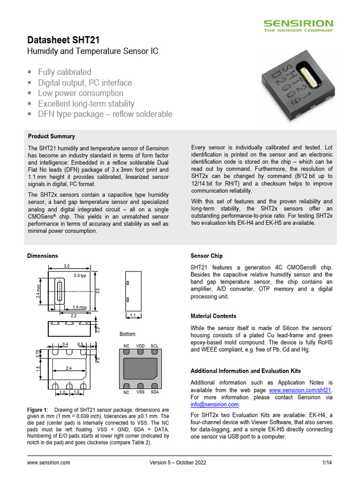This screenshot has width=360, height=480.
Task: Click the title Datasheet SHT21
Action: coord(63,40)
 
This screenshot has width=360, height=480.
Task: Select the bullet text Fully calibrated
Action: coord(65,72)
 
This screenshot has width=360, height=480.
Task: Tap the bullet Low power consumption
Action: coord(81,93)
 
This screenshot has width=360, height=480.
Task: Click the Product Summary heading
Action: coord(51,136)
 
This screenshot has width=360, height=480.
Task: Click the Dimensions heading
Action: coord(43,256)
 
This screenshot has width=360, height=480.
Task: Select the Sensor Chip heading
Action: coord(207,256)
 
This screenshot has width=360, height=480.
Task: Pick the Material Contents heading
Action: coord(213,316)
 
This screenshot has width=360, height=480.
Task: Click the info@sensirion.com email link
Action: coord(215,405)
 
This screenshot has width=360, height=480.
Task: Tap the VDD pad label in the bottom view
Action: coord(141,346)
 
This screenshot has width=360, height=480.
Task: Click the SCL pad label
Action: coord(155,346)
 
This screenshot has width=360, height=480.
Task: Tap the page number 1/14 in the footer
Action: coord(327,463)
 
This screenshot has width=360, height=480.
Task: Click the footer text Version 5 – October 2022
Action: coord(178,463)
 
